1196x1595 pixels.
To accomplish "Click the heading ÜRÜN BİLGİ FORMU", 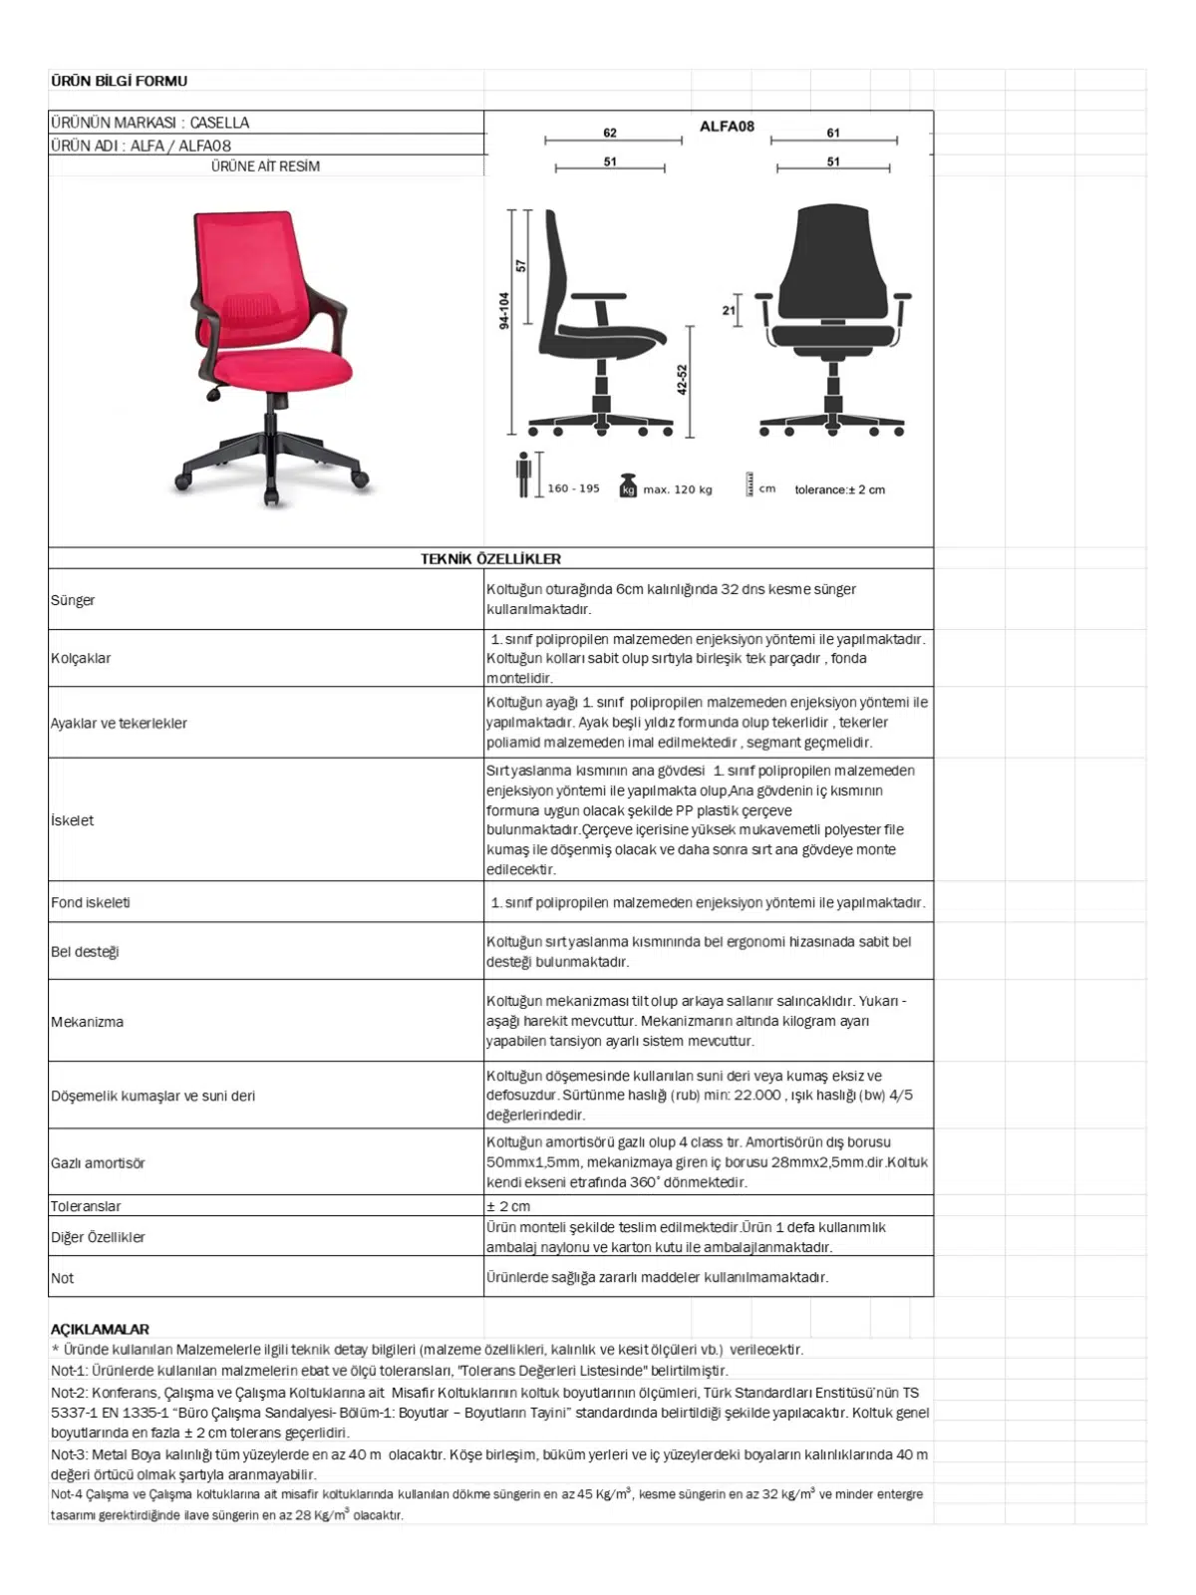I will [x=119, y=81].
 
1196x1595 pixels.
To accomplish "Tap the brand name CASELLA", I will [x=219, y=123].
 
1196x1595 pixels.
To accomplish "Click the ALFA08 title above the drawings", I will [x=727, y=127].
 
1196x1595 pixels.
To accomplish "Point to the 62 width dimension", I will [x=610, y=133].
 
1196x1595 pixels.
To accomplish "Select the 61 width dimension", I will [x=833, y=133].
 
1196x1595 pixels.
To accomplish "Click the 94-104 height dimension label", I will [x=504, y=310].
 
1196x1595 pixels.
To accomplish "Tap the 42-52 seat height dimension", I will [x=682, y=380].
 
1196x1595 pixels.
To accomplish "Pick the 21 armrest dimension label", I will [x=729, y=310].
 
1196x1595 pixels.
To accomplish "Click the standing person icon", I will [x=523, y=476].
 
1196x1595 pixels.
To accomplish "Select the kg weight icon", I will [x=628, y=485].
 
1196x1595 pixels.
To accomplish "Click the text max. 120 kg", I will [x=678, y=489].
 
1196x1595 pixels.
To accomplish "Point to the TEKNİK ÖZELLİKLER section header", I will [x=490, y=559].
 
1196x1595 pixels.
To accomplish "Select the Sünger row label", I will [x=73, y=600].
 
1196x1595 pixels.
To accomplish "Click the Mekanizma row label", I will [x=88, y=1022].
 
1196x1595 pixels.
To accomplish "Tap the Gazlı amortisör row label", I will [x=98, y=1163].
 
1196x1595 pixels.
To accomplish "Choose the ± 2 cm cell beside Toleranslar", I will [x=508, y=1206].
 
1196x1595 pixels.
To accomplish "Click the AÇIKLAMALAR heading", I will [x=100, y=1329].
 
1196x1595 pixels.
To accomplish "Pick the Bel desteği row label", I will [x=85, y=952].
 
